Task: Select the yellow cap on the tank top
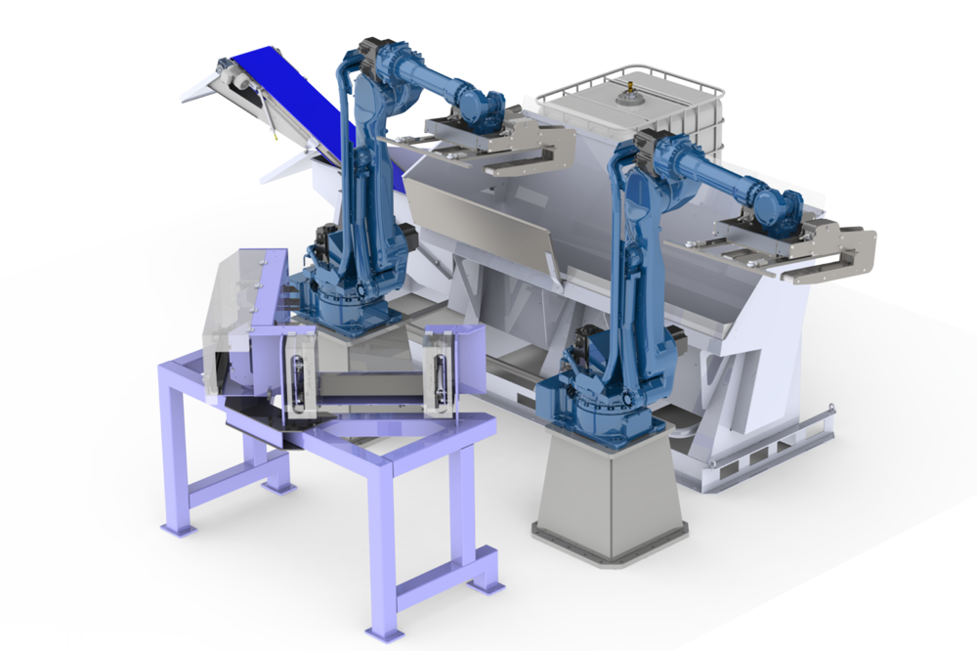pos(631,99)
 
